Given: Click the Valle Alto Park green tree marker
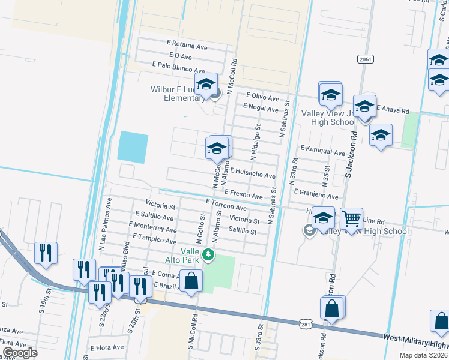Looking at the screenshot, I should pos(208,255).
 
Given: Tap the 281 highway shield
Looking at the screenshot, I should pos(306,324).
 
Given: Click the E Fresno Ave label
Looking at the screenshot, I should pos(244,195).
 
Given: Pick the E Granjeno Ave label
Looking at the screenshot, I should pos(316,196).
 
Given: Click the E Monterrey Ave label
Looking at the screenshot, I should pos(152,229).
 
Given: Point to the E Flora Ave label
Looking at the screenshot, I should pos(107,347).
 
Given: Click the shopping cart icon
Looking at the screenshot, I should pos(351,218).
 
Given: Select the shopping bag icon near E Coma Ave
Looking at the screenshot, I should pos(191,280).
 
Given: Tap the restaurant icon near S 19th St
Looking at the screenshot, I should pos(46,253).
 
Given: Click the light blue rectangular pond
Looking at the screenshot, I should pos(132,147).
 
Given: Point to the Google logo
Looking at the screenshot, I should pos(20,353).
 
